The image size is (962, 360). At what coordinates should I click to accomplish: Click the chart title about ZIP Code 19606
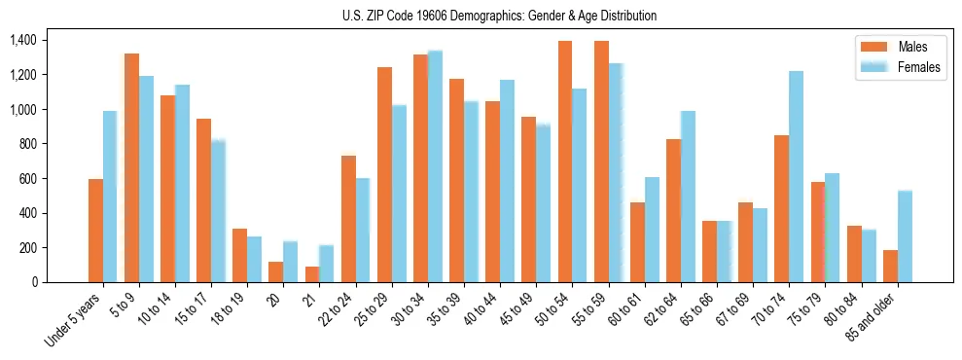coord(499,16)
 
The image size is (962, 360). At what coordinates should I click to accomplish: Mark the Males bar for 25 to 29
coord(384,175)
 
